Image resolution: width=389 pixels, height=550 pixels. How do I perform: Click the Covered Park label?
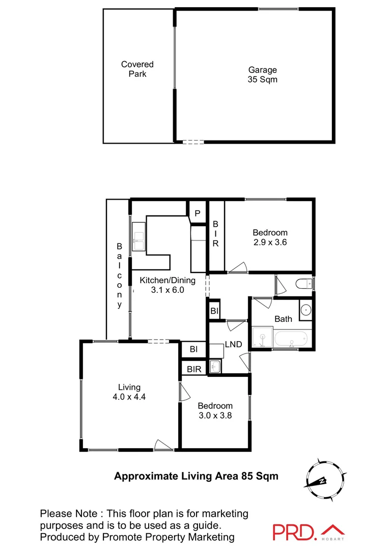(137, 69)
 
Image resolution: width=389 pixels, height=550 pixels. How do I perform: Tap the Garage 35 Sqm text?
(262, 75)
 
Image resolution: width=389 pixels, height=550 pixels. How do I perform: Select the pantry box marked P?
(198, 213)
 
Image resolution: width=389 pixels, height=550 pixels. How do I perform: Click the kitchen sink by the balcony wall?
(138, 237)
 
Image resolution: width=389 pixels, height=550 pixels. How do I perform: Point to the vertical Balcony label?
(120, 275)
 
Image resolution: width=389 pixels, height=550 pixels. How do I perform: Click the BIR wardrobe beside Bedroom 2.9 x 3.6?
(215, 234)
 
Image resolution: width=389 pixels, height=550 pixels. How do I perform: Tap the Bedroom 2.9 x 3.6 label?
(270, 238)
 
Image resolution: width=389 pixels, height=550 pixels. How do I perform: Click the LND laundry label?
(233, 345)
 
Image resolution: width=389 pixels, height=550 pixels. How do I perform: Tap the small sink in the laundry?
(215, 366)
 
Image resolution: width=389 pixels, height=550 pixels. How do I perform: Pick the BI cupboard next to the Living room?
(193, 349)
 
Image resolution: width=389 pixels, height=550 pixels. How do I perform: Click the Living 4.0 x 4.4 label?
(129, 392)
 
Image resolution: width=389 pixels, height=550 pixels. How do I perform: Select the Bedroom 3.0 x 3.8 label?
(215, 410)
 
